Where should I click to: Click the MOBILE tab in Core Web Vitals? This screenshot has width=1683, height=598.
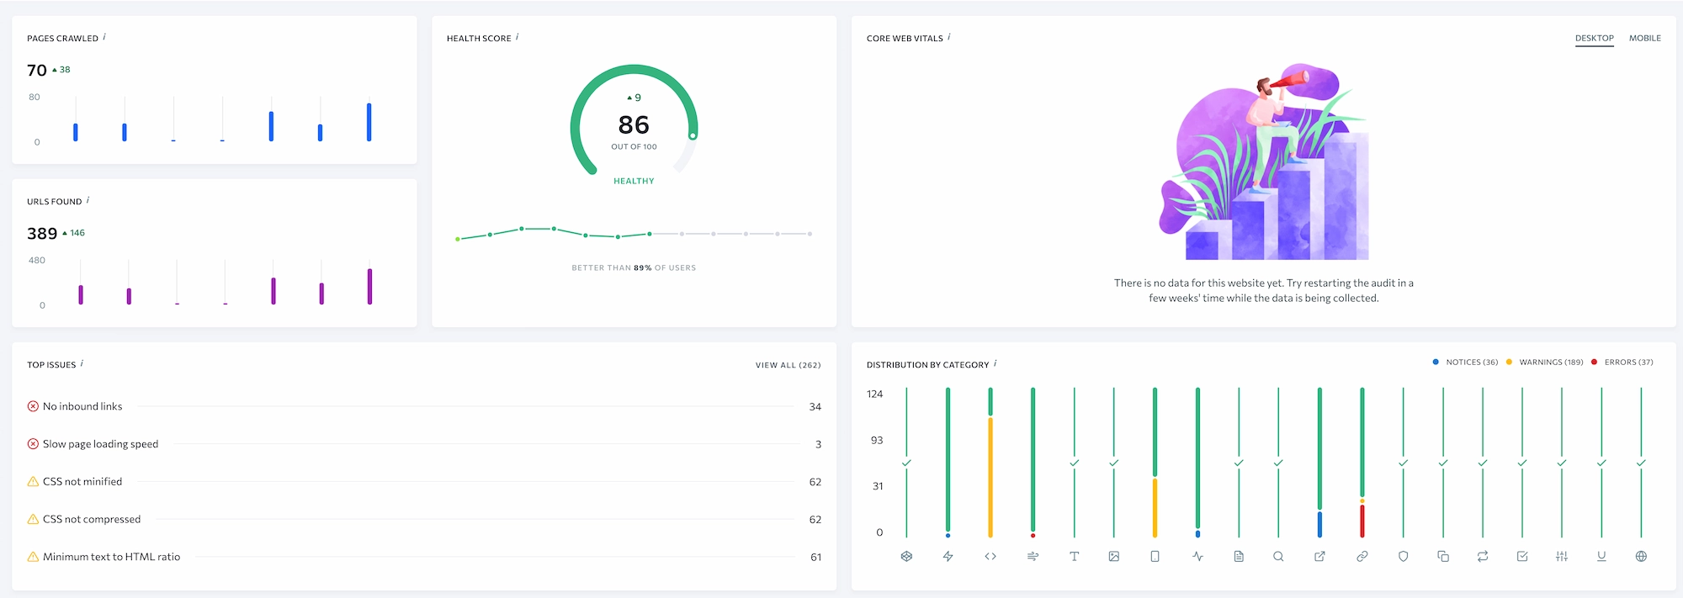click(x=1644, y=38)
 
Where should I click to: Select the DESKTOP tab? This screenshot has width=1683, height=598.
click(x=1595, y=38)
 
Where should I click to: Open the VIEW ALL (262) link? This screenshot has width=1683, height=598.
click(x=788, y=365)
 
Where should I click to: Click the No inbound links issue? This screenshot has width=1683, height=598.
click(x=82, y=406)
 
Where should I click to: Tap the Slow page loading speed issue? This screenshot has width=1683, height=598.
click(x=100, y=444)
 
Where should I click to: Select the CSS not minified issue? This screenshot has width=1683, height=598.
click(x=82, y=482)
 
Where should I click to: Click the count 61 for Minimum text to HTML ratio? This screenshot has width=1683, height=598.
click(x=815, y=557)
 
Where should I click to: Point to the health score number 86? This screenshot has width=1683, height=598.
click(x=634, y=124)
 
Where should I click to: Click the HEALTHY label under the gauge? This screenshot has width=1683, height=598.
click(x=634, y=181)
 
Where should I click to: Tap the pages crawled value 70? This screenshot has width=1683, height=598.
click(x=37, y=71)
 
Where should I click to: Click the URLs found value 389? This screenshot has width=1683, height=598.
click(x=42, y=234)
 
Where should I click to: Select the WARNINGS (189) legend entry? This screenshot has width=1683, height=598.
click(x=1551, y=363)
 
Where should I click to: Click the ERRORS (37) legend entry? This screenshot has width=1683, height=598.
click(x=1628, y=363)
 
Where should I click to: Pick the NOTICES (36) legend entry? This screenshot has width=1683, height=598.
click(x=1472, y=363)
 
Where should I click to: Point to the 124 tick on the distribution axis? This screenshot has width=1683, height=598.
click(x=875, y=394)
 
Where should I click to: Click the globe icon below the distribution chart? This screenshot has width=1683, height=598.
click(x=1641, y=556)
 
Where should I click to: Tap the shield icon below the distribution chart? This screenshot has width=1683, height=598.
click(x=1403, y=556)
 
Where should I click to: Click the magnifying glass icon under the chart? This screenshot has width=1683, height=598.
click(x=1278, y=556)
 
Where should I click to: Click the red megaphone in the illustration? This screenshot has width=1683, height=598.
click(x=1290, y=81)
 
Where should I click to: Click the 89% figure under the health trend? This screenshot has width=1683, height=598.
click(x=643, y=268)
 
